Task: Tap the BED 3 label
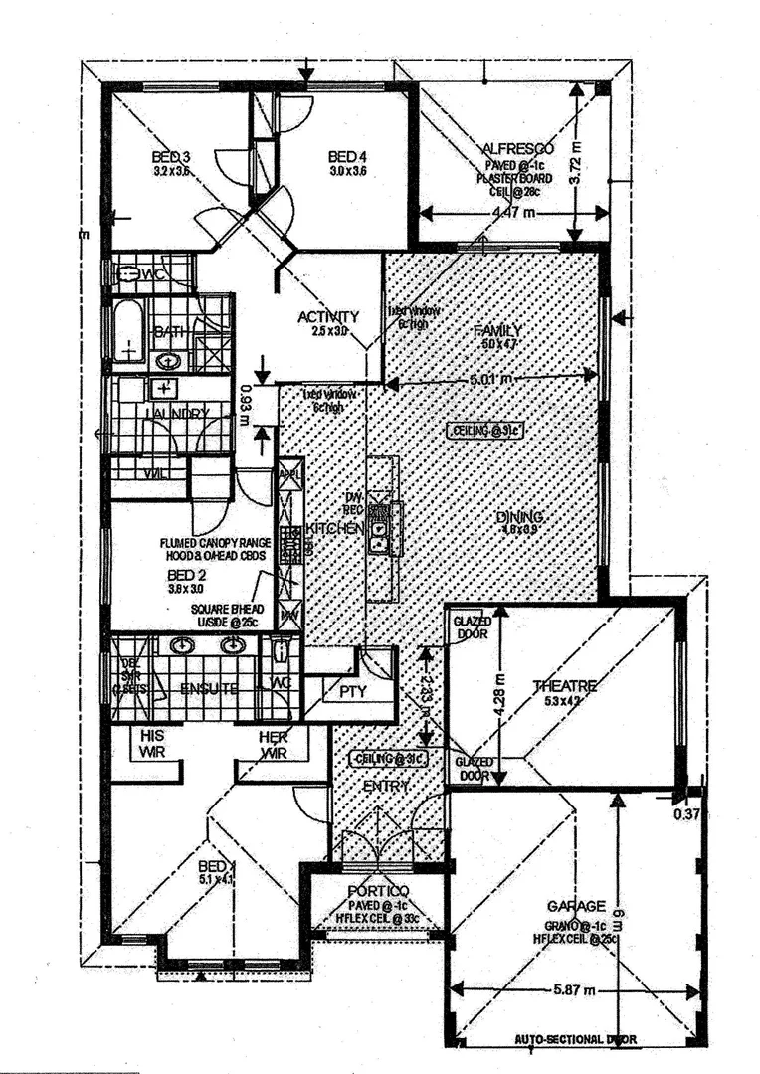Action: pos(170,157)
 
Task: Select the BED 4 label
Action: pos(347,157)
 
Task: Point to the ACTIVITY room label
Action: pos(328,317)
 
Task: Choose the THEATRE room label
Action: pos(564,686)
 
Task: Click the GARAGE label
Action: pos(576,906)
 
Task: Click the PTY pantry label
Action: pos(352,690)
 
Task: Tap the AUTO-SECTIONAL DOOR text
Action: pos(576,1040)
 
